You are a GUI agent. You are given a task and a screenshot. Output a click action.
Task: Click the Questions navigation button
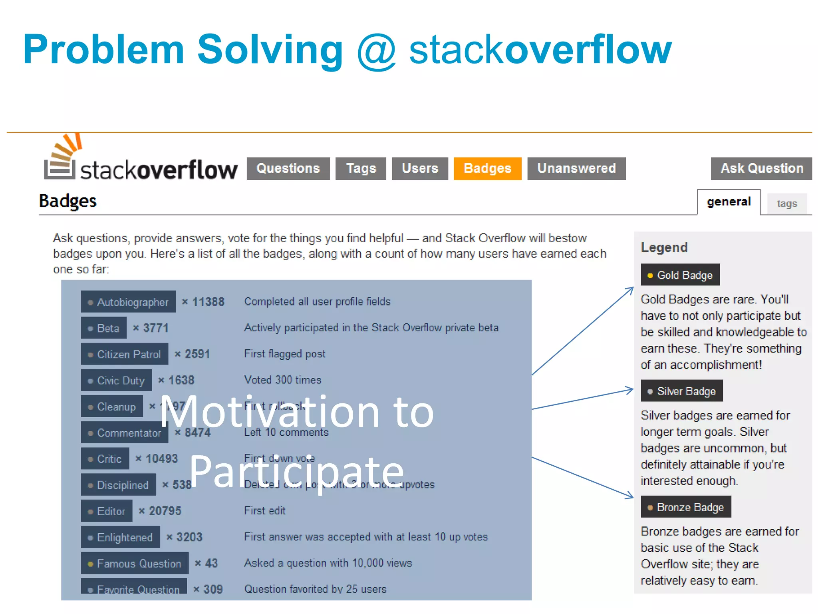point(288,168)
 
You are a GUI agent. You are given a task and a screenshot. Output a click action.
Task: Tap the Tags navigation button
point(361,168)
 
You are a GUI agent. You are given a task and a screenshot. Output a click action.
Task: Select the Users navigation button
point(420,168)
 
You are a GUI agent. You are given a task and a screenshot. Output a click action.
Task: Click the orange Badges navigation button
point(487,168)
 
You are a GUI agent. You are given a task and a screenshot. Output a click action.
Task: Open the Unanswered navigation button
point(576,168)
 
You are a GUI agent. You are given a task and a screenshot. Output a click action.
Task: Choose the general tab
point(729,202)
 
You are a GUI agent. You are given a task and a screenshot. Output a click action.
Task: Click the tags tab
point(786,204)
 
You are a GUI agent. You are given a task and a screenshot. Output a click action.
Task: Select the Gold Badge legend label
point(680,275)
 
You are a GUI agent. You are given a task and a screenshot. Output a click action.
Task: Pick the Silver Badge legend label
point(681,391)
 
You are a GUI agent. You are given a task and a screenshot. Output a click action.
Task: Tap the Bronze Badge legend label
point(685,507)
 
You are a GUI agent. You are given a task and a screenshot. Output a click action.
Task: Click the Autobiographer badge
point(128,302)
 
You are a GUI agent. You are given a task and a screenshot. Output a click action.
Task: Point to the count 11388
point(208,302)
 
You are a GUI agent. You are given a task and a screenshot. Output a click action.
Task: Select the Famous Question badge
point(135,563)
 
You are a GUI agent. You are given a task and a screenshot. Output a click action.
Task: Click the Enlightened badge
point(120,537)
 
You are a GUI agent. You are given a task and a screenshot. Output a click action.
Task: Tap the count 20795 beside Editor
point(165,511)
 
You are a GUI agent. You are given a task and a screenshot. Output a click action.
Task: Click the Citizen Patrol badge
point(124,354)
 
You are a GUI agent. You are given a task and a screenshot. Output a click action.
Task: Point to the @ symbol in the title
point(376,51)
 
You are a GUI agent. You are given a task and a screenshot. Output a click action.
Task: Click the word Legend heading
point(664,247)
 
